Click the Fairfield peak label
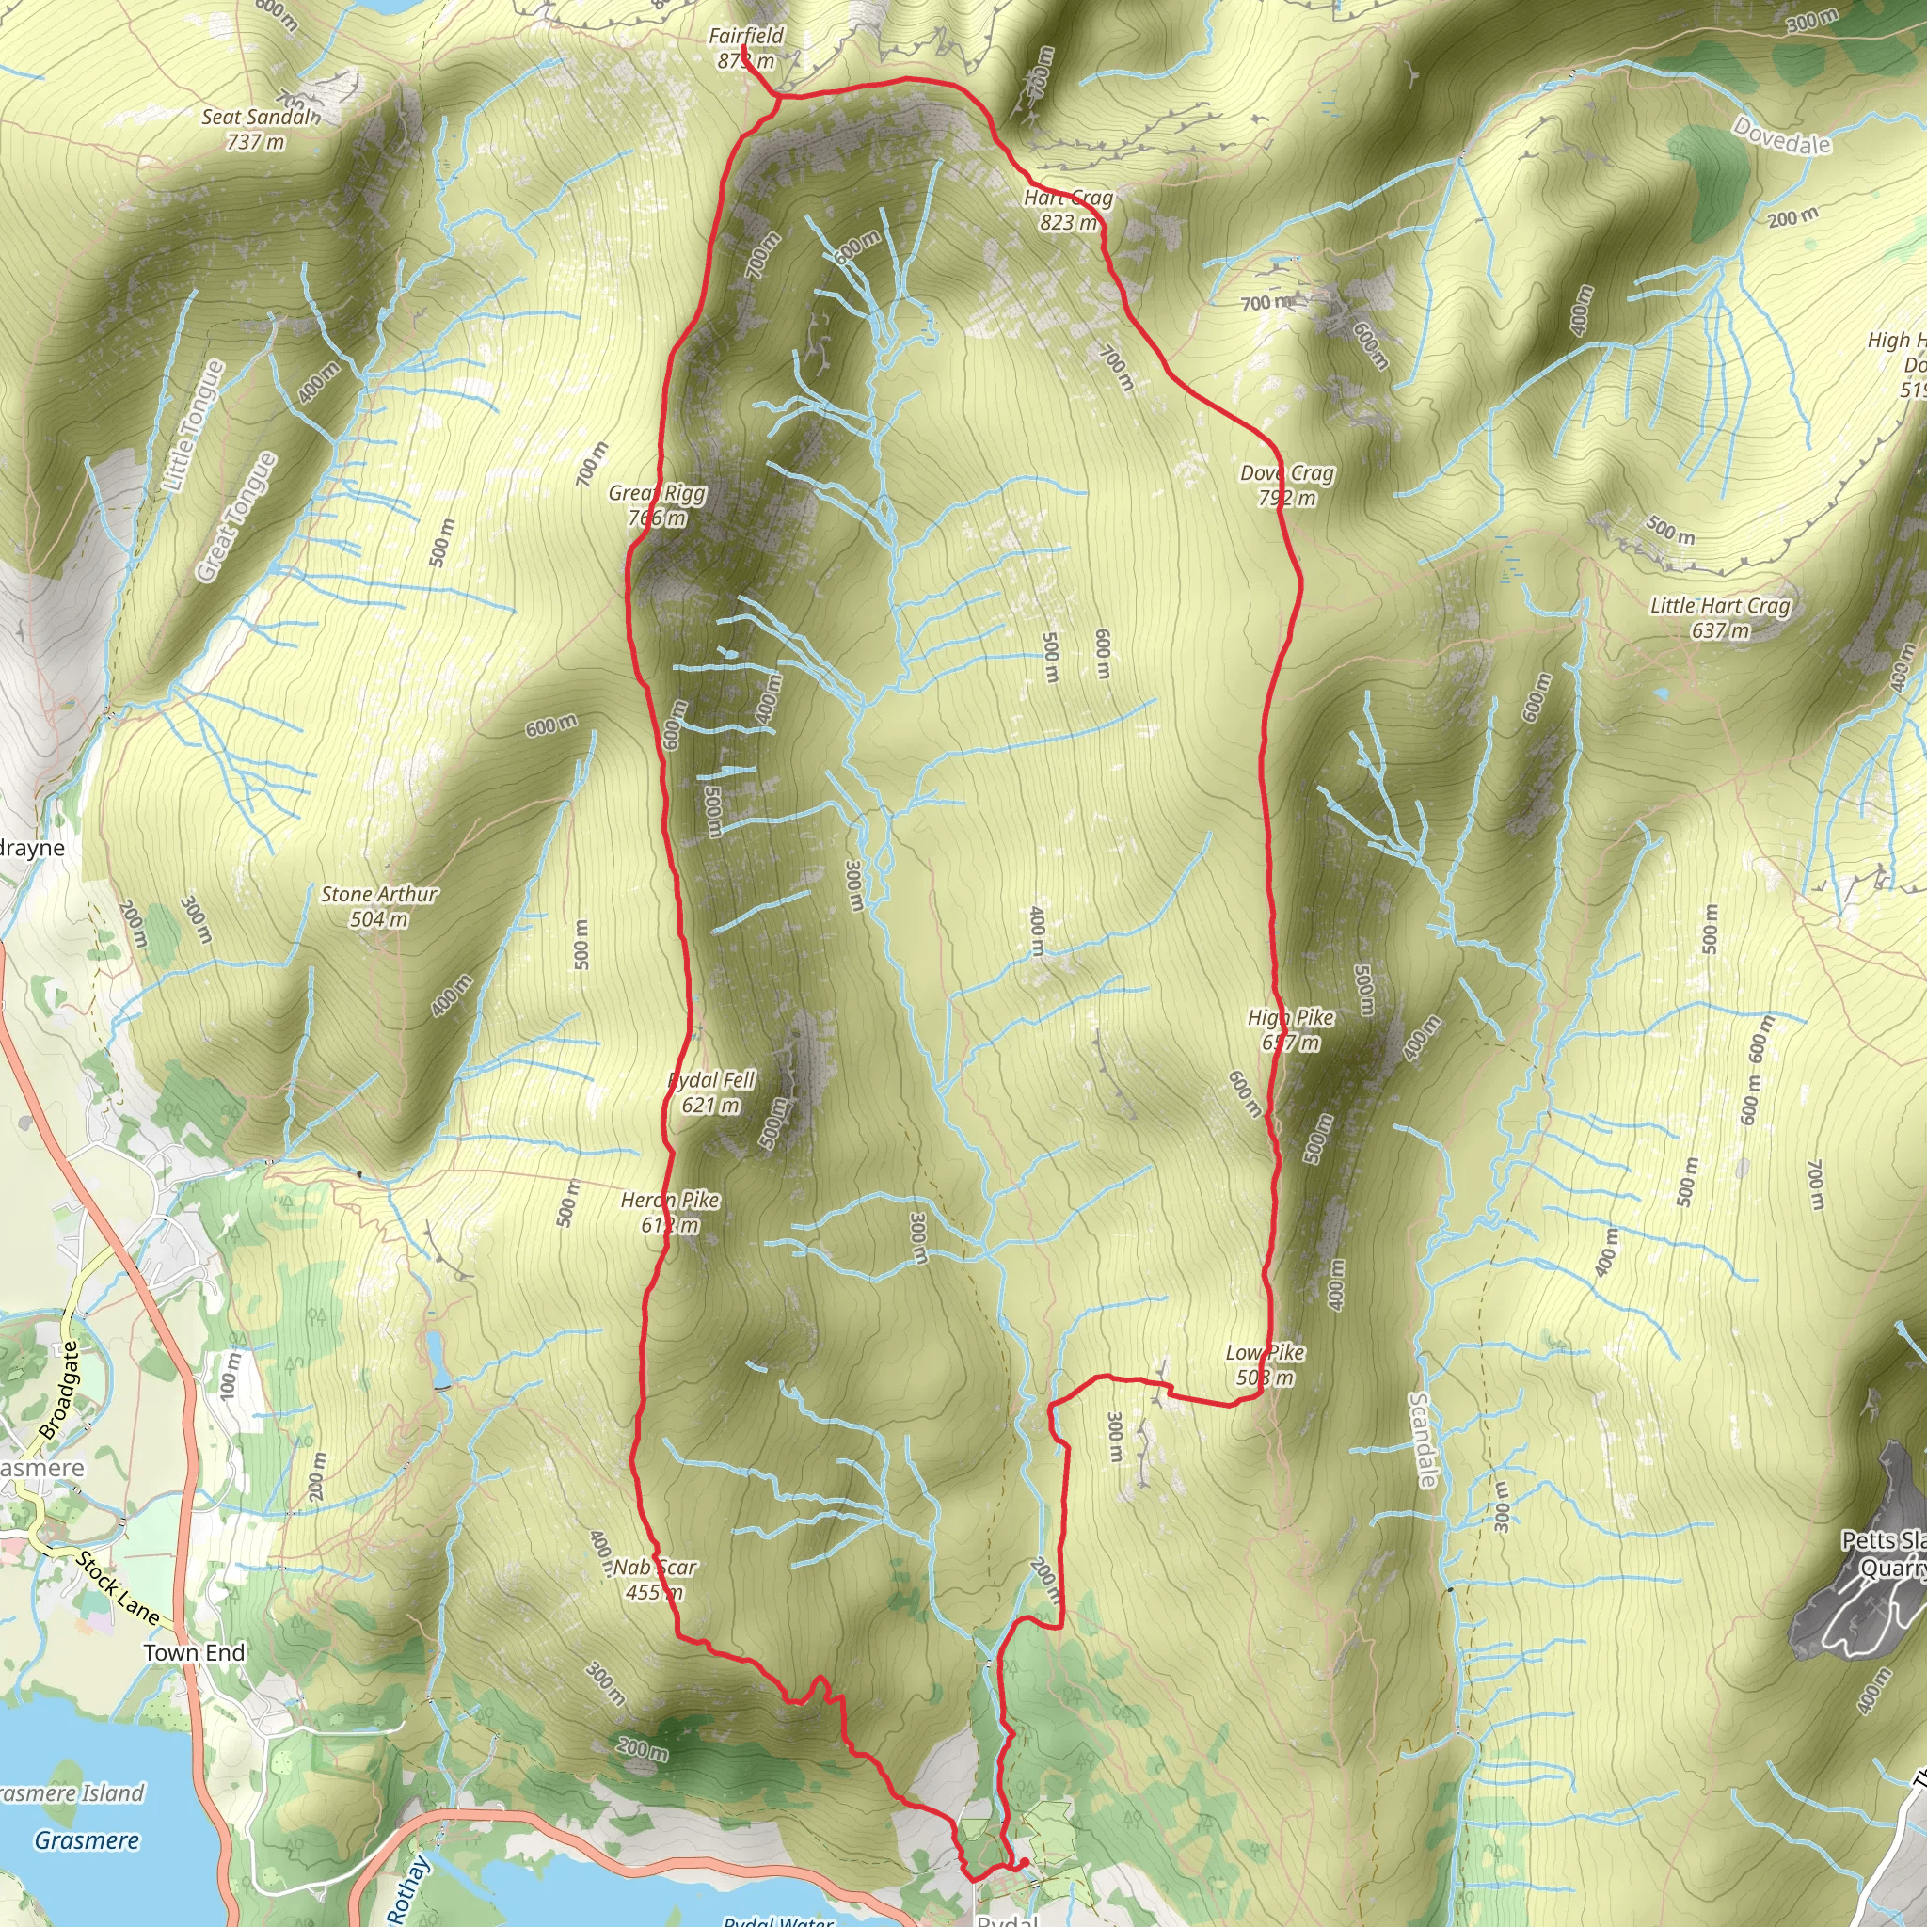[746, 48]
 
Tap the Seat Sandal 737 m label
[260, 130]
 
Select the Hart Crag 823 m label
[1068, 210]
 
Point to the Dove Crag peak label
[1286, 485]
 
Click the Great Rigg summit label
[658, 504]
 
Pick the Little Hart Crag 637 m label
[1720, 617]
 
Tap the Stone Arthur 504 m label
[378, 906]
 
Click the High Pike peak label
[1291, 1029]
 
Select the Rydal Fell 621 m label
[711, 1091]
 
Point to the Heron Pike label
[669, 1212]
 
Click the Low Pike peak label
[1265, 1364]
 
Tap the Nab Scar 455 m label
[654, 1579]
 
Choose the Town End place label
[194, 1652]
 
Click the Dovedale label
[1781, 136]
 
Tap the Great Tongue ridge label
[235, 517]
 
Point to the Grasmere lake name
[87, 1840]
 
